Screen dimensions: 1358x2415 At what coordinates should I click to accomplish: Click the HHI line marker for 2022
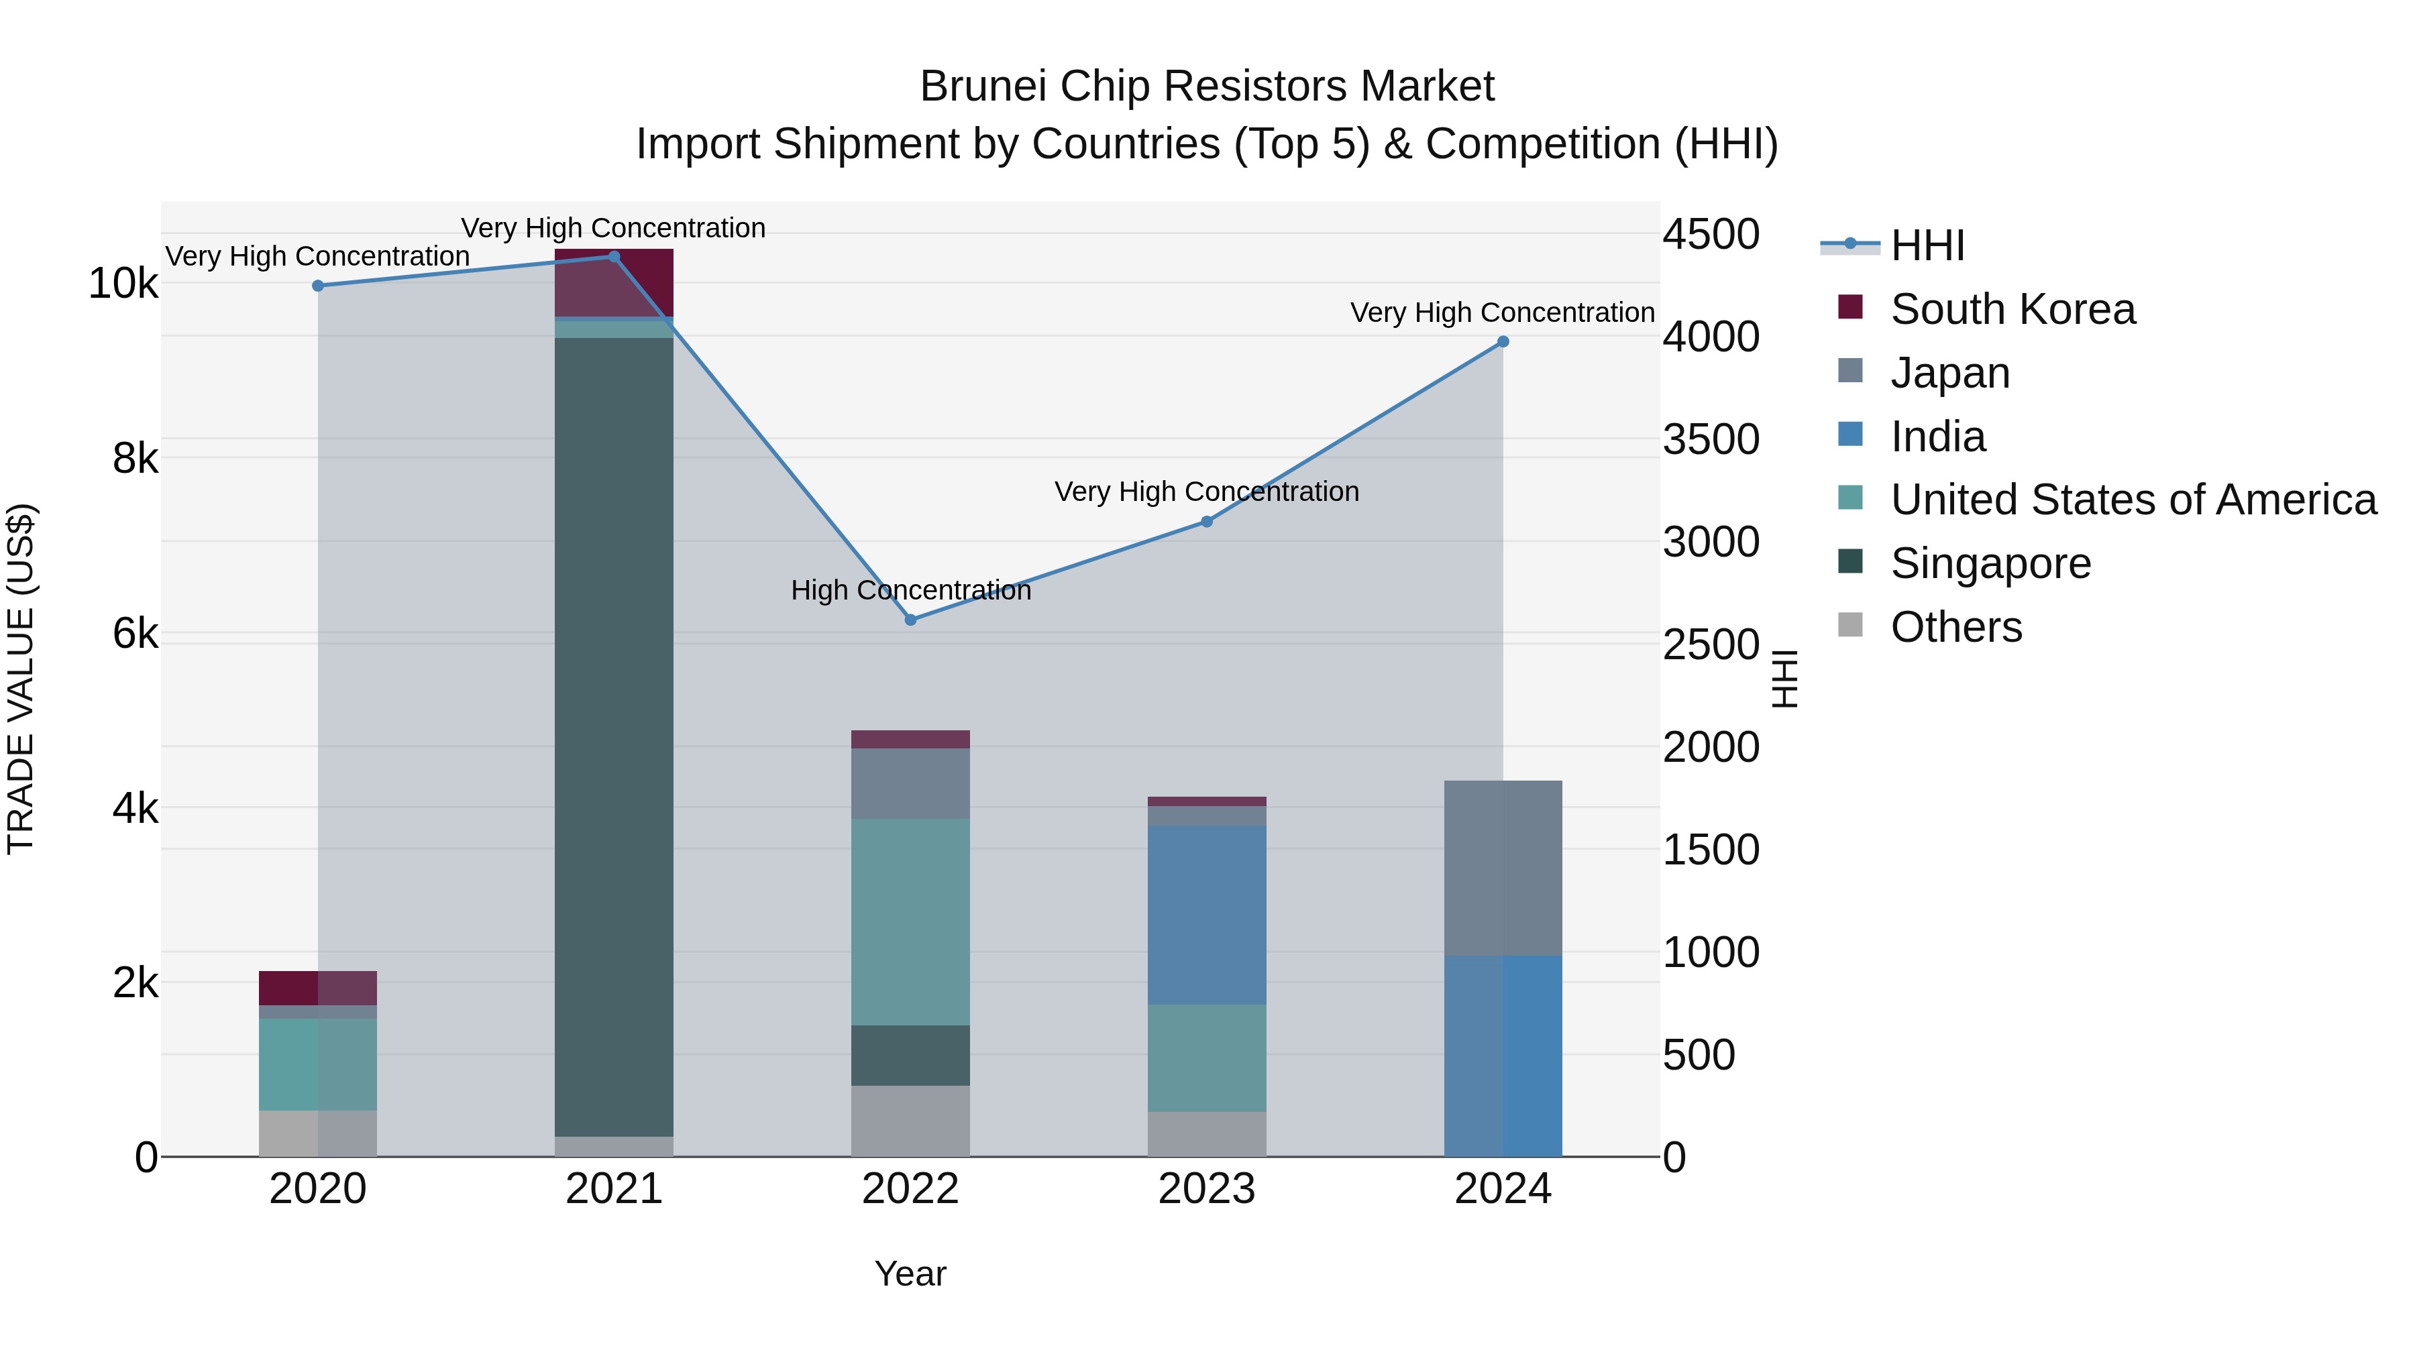point(910,620)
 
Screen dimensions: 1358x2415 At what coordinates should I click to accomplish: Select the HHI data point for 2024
point(1503,342)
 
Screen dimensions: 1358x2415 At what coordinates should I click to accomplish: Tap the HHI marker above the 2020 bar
point(318,286)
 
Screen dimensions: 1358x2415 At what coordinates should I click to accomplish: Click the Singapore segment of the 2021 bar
point(614,736)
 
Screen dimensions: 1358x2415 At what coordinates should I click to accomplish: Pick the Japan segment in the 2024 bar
point(1503,868)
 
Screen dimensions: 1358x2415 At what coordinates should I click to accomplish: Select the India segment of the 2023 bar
point(1207,915)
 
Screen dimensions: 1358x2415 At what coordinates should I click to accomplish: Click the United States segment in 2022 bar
point(910,921)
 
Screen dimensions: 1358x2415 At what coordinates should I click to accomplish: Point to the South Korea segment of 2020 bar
point(318,988)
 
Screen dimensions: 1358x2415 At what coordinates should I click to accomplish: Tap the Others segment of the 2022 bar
point(910,1121)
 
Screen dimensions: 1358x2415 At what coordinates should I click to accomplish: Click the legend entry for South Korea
point(2012,309)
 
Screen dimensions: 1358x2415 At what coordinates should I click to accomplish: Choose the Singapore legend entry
point(1990,563)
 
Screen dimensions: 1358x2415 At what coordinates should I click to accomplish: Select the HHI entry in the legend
point(1927,245)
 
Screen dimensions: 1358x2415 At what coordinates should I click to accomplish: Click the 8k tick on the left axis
point(135,458)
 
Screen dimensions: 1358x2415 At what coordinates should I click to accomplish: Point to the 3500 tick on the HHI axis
point(1711,439)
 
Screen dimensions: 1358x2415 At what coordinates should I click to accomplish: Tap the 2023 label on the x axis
point(1207,1189)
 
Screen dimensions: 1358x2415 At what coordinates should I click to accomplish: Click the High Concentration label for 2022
point(910,590)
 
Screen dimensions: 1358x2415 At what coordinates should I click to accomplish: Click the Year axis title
point(910,1274)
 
